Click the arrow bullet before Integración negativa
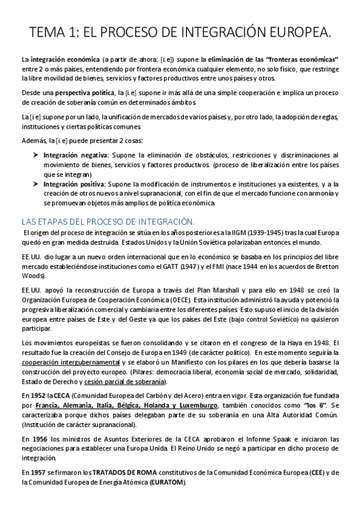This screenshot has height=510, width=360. point(35,155)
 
